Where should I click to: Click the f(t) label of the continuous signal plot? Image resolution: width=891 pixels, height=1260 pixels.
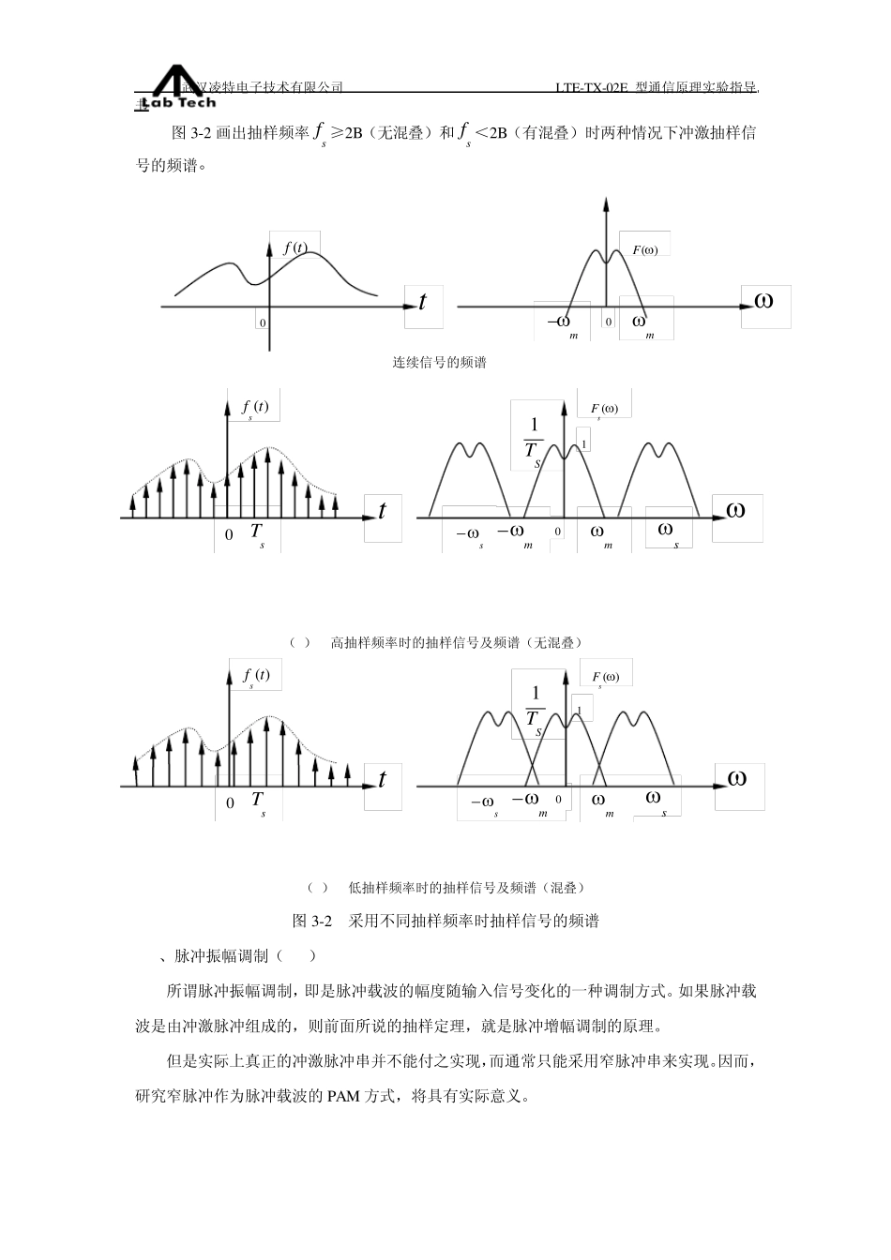coord(294,248)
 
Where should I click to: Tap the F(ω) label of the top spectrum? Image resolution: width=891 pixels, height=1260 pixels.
coord(645,249)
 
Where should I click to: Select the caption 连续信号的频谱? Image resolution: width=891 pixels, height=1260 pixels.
coord(439,363)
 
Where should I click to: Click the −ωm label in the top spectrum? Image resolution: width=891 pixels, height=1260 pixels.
coord(561,323)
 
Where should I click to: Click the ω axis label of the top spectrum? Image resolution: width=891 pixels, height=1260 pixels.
coord(763,302)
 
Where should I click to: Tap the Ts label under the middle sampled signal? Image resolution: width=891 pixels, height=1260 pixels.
coord(257,533)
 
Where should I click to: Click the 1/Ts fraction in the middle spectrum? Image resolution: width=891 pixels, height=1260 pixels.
coord(534,440)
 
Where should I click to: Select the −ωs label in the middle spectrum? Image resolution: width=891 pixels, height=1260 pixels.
coord(469,535)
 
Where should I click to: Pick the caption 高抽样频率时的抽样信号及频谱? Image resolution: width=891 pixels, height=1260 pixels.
coord(457,643)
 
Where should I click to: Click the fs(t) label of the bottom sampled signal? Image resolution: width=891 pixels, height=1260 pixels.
coord(255,676)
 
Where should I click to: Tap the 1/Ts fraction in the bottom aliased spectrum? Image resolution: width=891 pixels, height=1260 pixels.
coord(536,707)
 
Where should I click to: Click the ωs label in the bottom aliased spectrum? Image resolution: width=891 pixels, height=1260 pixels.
coord(656,800)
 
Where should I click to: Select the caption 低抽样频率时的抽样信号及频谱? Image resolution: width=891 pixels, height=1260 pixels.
coord(466,887)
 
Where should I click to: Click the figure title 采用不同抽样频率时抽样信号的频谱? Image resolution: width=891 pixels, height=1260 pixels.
coord(473,921)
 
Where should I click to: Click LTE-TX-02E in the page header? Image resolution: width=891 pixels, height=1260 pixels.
coord(590,87)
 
